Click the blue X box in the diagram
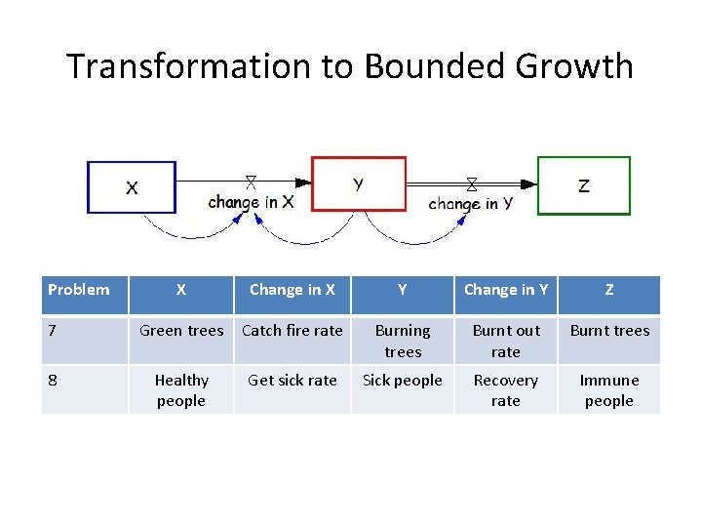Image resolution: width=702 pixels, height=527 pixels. [132, 186]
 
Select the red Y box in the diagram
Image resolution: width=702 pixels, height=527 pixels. [358, 183]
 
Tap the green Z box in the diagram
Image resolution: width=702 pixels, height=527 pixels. [584, 185]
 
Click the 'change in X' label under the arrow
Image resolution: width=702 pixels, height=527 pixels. [251, 202]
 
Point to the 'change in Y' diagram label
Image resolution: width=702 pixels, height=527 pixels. [470, 203]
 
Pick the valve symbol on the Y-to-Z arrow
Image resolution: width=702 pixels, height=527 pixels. [472, 183]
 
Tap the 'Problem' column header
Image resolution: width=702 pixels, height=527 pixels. [79, 289]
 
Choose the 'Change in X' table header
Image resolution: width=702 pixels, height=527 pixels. [292, 289]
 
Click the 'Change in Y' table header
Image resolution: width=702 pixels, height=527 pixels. [505, 289]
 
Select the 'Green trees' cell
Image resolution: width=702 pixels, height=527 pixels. [181, 331]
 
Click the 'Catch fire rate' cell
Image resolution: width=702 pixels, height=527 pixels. [292, 331]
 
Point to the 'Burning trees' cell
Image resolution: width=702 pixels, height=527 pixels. [403, 341]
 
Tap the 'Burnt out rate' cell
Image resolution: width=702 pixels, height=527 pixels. [505, 341]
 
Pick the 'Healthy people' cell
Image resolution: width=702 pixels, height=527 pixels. [181, 390]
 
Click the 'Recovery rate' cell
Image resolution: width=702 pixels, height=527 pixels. [505, 390]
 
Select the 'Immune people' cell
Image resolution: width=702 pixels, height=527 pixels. [609, 390]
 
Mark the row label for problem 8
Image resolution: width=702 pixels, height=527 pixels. [55, 381]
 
